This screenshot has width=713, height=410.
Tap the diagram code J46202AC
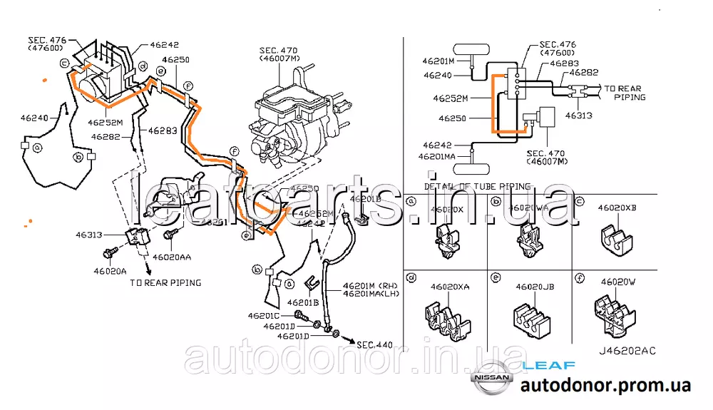coord(627,350)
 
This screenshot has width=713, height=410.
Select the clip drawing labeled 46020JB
coord(535,317)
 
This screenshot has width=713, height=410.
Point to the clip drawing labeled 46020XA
coord(446,317)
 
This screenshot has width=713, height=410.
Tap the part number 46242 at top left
coord(164,44)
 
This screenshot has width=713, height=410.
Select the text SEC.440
coord(375,345)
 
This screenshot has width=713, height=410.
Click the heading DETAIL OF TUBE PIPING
coord(477,186)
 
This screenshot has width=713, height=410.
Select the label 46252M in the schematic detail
coord(453,97)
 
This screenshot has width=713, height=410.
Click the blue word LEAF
coord(549,365)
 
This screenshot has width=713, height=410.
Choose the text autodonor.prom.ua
coord(605,386)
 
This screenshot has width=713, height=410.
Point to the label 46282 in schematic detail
coord(583,72)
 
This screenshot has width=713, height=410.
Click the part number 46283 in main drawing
coord(163,130)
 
